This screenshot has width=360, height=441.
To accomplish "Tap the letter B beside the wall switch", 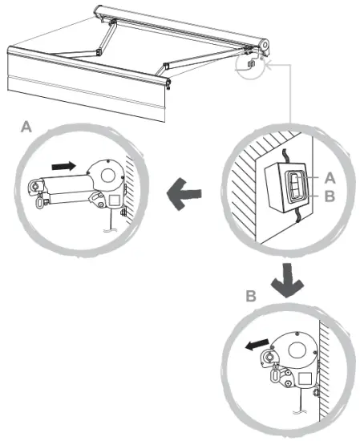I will pos(329,194).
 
